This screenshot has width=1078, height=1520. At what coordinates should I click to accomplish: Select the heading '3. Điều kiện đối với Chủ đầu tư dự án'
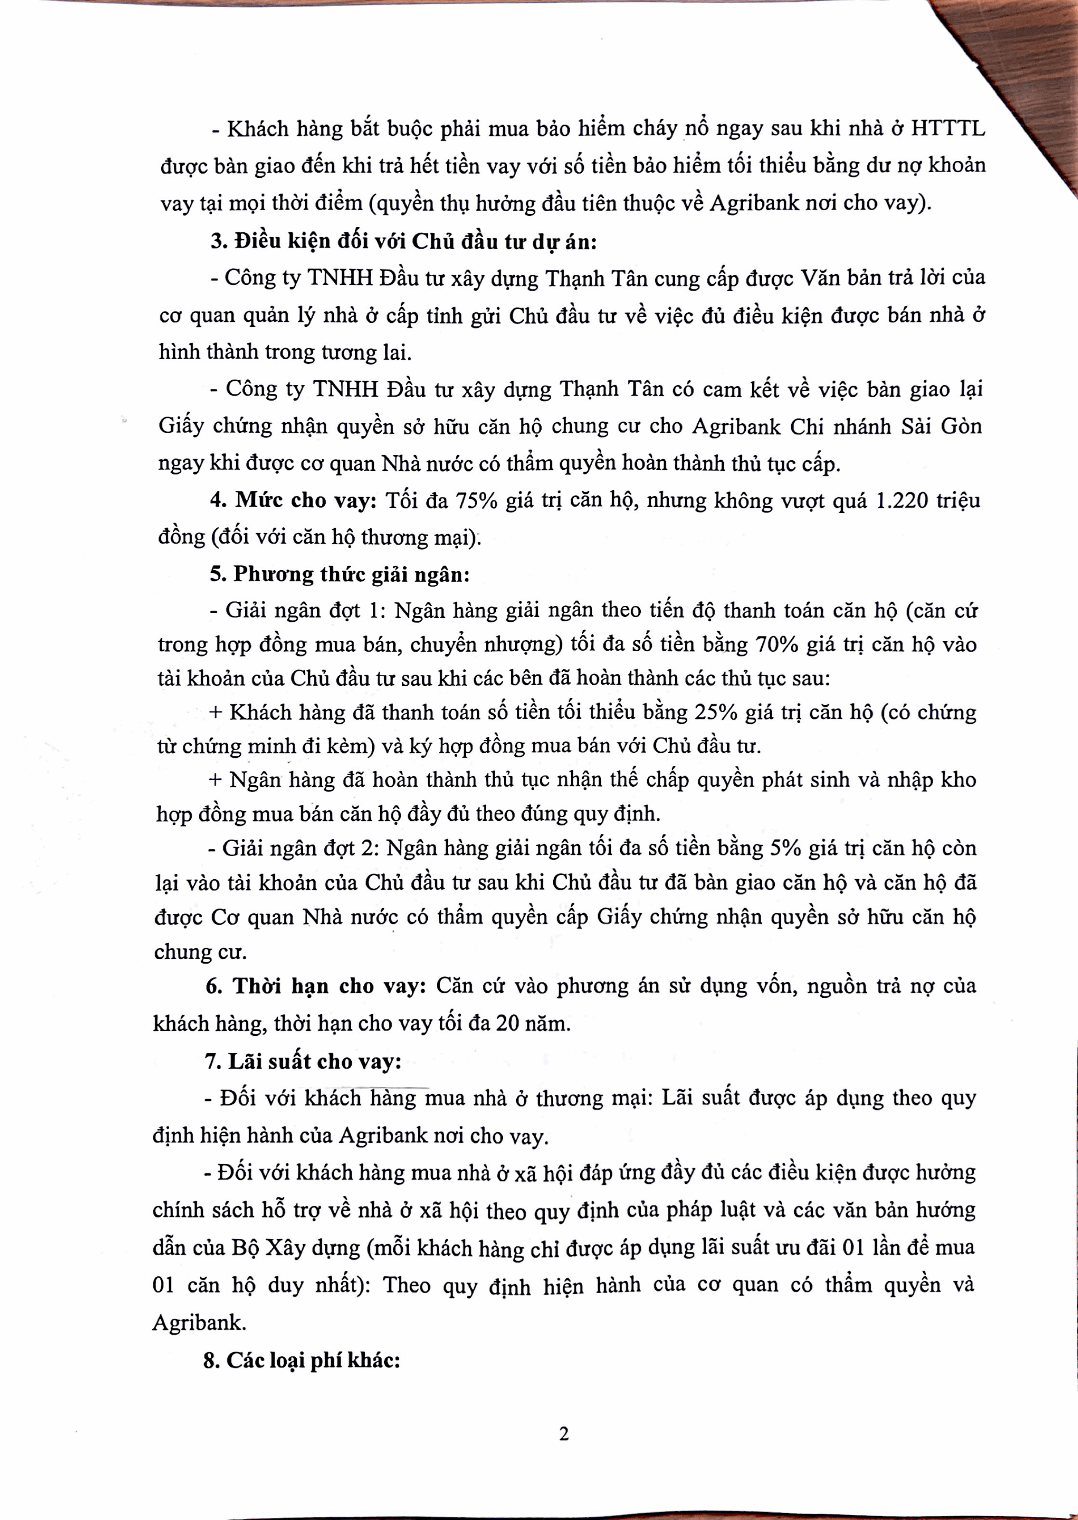404,241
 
